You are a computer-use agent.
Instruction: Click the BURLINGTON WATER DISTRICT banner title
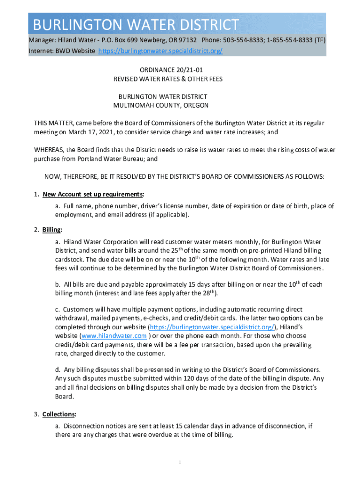coord(133,24)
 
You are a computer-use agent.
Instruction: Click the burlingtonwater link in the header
coord(160,51)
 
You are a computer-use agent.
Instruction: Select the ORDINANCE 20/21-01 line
coord(161,70)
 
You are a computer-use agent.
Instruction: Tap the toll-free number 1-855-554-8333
coord(289,40)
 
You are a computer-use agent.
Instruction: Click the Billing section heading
coord(52,230)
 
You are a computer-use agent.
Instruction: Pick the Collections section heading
coord(59,414)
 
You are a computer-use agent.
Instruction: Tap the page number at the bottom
coord(180,462)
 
